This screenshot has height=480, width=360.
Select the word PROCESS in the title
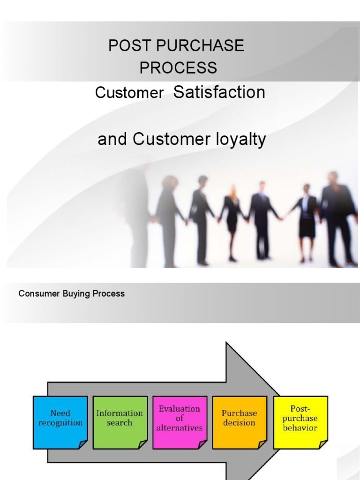[178, 67]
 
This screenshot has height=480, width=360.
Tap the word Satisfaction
[219, 92]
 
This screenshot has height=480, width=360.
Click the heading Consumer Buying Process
[71, 294]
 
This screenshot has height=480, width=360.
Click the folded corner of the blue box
[82, 444]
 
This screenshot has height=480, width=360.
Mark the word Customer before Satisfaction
[129, 93]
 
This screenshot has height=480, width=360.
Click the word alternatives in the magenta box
[180, 428]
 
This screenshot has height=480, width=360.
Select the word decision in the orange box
[240, 422]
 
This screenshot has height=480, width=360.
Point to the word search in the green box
[120, 422]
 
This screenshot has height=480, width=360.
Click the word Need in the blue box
[60, 413]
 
